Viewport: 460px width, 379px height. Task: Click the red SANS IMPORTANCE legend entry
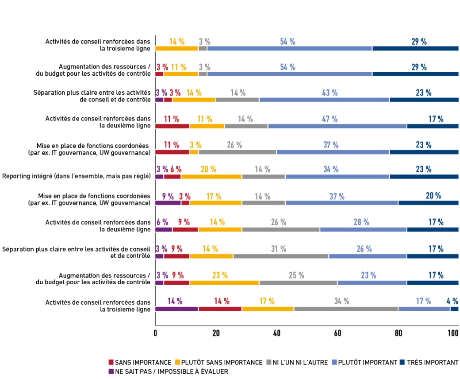[140, 362]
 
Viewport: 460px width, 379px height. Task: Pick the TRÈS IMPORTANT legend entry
[432, 362]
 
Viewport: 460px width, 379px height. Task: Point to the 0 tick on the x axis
[155, 334]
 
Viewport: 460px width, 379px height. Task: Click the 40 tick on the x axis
[276, 334]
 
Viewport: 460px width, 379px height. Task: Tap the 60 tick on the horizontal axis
[337, 334]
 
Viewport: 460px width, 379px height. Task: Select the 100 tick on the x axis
[452, 334]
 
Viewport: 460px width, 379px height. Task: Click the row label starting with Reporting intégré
[77, 176]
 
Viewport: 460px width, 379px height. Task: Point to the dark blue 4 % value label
[452, 301]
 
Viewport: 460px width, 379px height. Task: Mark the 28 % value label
[361, 222]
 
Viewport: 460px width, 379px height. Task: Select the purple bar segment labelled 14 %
[176, 309]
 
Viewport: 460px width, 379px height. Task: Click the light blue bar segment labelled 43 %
[324, 100]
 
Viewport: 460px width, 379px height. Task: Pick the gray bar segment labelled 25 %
[298, 282]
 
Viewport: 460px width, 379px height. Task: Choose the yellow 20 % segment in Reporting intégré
[211, 177]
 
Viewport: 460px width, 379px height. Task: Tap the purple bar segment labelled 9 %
[168, 203]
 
